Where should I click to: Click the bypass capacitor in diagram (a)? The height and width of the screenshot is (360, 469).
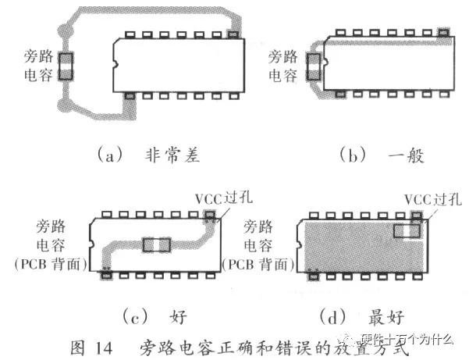[x=66, y=66]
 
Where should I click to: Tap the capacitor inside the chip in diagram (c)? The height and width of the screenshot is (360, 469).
[x=157, y=244]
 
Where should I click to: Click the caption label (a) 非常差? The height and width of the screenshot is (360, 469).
[x=148, y=155]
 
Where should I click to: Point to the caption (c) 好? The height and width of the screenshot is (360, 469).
[x=153, y=316]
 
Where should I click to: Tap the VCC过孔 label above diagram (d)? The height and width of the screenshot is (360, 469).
[x=426, y=199]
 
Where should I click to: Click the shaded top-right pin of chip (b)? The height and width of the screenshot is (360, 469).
[x=445, y=34]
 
